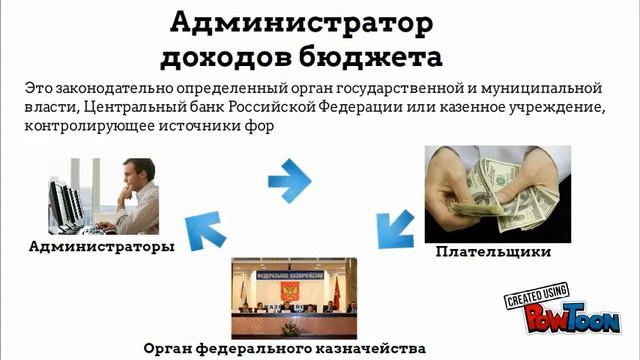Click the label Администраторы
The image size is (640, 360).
(x=101, y=245)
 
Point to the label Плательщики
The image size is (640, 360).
(x=493, y=253)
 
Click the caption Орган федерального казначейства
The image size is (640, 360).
(x=285, y=349)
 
